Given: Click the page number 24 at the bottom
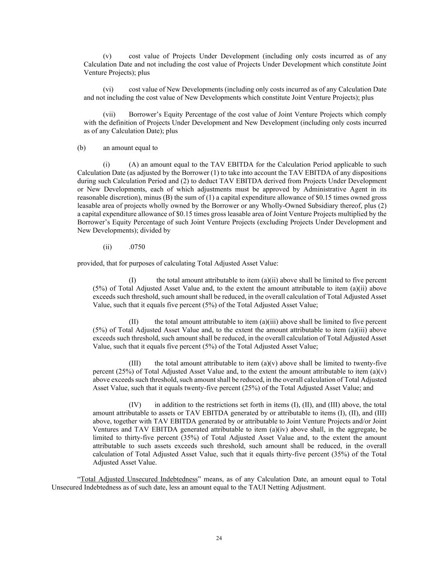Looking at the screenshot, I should [219, 538].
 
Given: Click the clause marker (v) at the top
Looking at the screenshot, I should [107, 56].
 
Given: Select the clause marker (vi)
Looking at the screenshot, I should [108, 89].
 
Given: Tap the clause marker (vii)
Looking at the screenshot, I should [109, 114].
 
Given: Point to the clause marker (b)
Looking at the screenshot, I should [81, 147].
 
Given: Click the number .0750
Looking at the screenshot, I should [137, 247].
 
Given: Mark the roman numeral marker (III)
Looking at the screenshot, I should [135, 363].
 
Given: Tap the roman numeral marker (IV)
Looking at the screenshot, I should [135, 405].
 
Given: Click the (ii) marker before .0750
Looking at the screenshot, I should [107, 247].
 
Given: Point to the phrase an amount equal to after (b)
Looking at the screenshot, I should [130, 147].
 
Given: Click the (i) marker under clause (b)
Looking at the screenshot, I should [106, 164].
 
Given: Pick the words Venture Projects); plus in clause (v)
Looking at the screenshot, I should [117, 73].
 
